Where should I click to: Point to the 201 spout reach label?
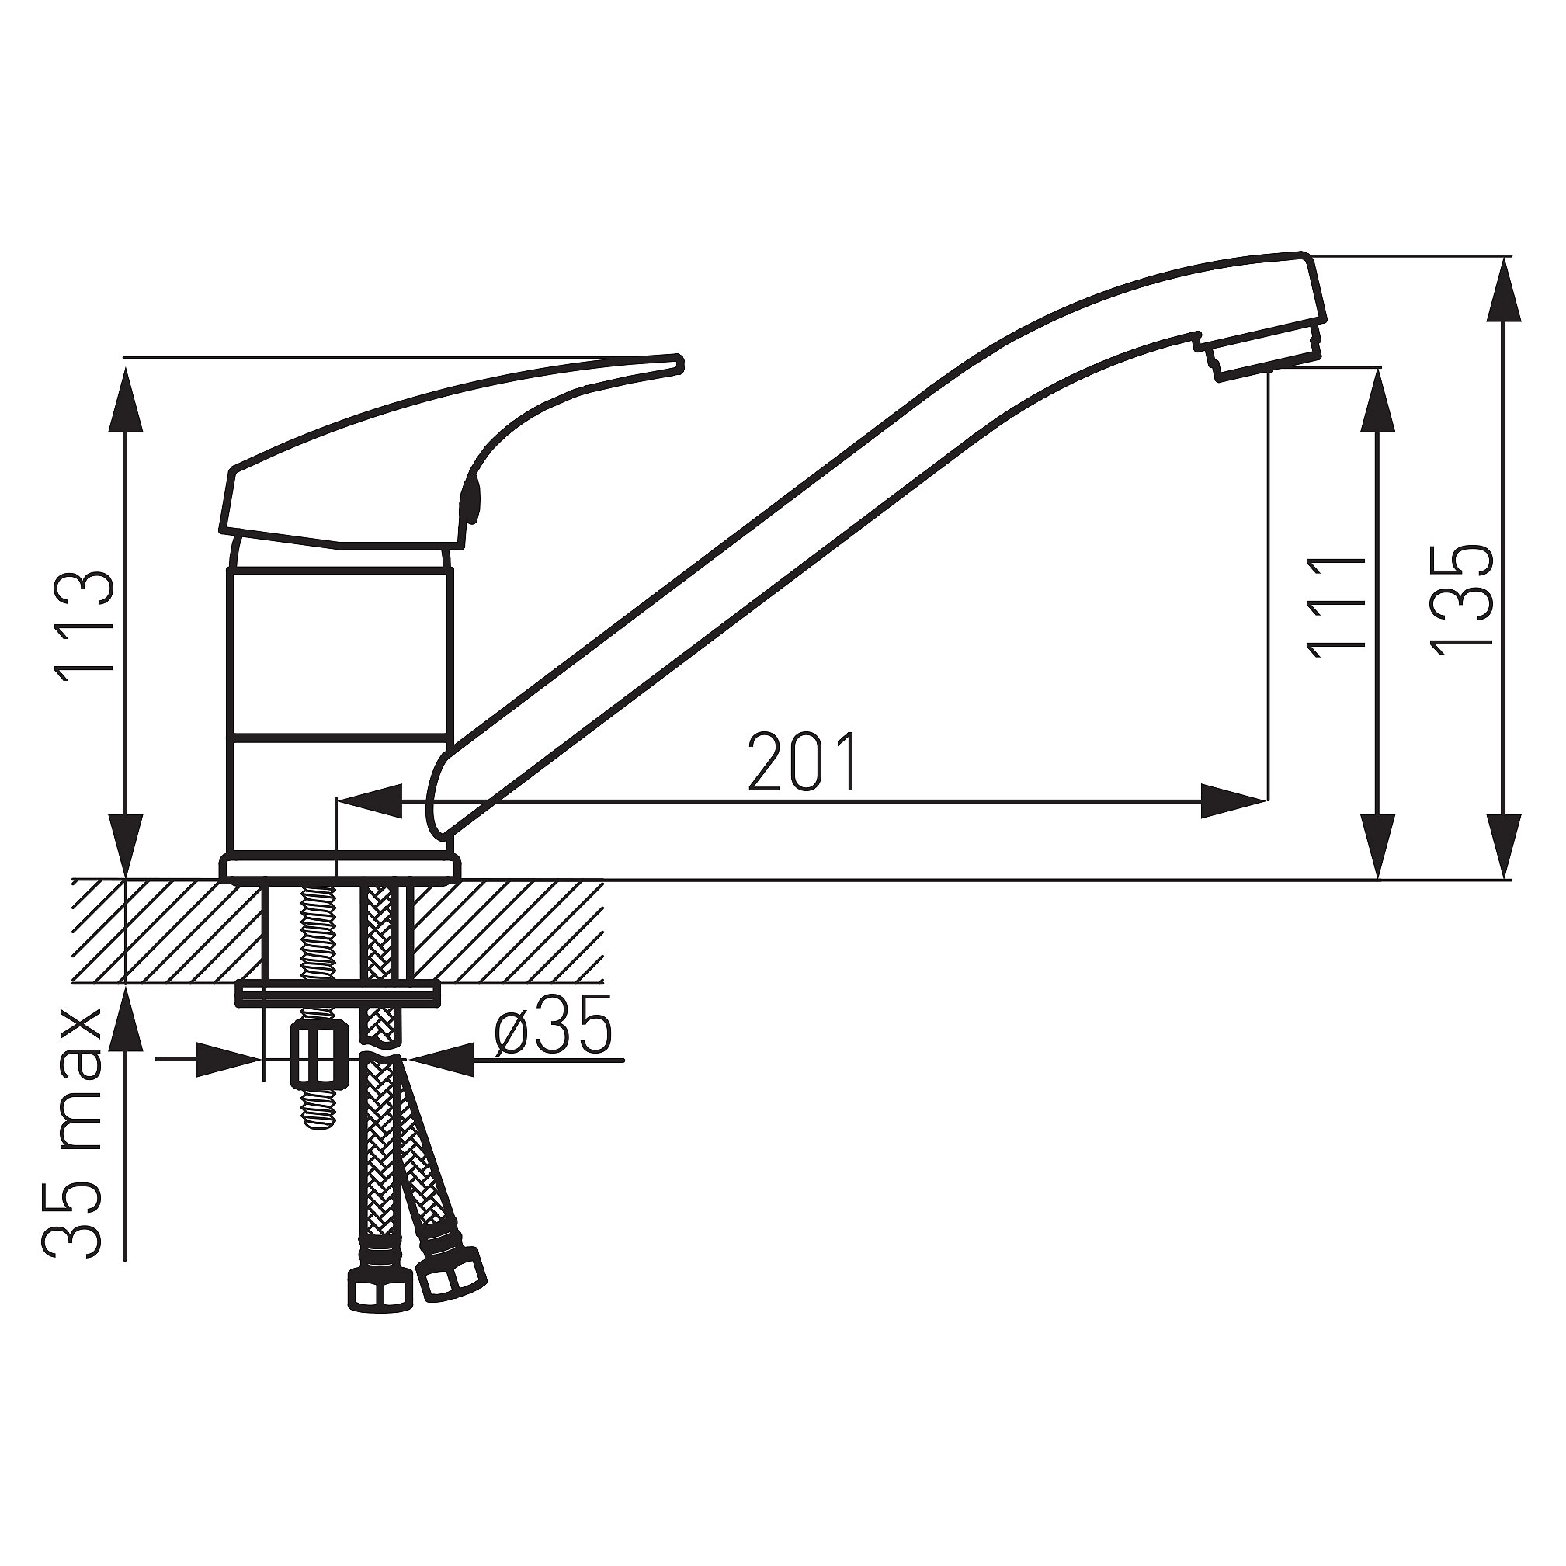click(x=803, y=762)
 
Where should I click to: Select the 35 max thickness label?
click(x=73, y=1134)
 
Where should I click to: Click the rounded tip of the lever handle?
click(x=678, y=364)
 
